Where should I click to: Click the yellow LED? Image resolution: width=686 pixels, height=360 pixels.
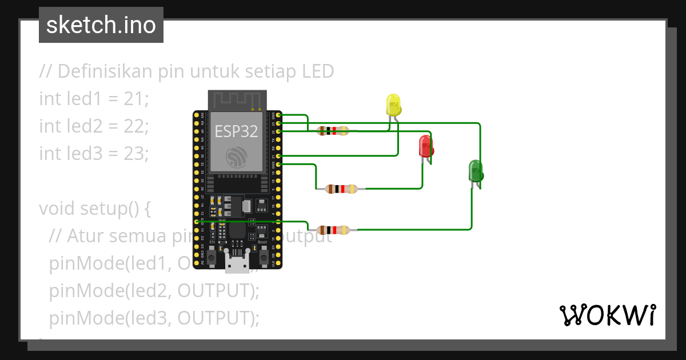394,105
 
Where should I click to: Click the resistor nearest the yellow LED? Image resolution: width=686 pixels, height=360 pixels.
333,131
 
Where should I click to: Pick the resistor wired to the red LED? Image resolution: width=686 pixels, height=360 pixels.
341,189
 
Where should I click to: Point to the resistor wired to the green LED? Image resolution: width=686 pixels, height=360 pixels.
333,230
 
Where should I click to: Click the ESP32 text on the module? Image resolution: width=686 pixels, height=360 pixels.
236,131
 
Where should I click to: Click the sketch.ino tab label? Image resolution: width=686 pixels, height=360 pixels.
101,25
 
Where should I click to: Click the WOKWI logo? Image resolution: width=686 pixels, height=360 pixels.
607,315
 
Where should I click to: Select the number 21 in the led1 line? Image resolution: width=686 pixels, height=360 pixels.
135,99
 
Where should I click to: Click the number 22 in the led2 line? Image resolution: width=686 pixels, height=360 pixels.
135,126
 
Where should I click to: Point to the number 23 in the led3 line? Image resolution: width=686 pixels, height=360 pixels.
135,154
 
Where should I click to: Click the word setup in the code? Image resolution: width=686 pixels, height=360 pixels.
103,209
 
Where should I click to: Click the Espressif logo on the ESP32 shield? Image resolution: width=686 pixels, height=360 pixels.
236,157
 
